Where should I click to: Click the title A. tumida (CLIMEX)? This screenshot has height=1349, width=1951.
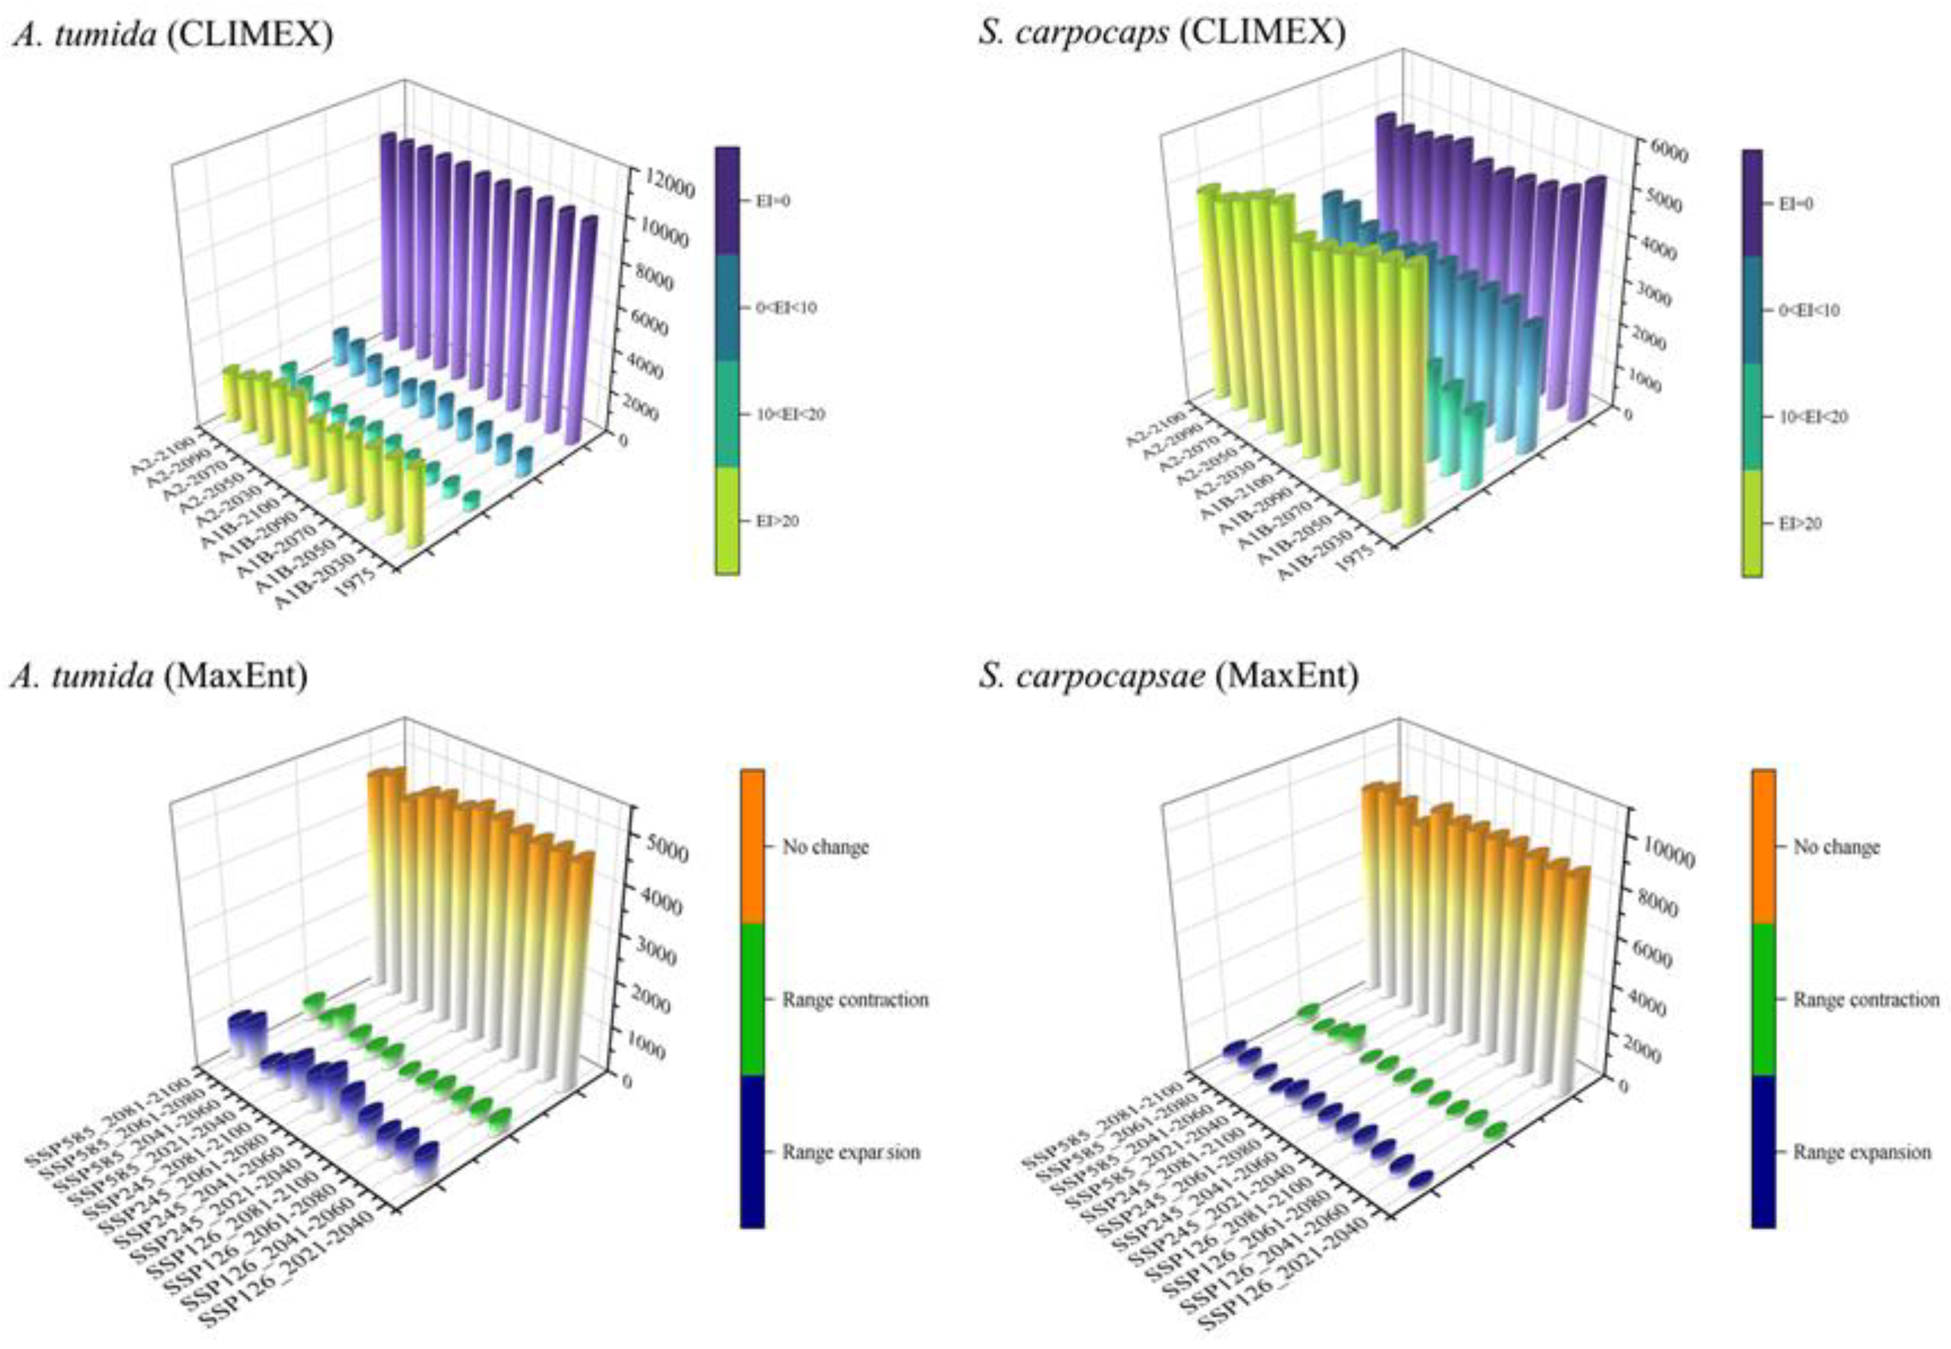pyautogui.click(x=172, y=34)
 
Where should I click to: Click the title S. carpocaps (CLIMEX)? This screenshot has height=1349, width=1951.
pyautogui.click(x=1162, y=34)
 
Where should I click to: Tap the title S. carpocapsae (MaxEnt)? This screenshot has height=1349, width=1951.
pyautogui.click(x=1169, y=676)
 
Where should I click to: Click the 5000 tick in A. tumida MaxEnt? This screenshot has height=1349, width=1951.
pyautogui.click(x=663, y=853)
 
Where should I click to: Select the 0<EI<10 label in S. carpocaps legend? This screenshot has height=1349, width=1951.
pyautogui.click(x=1808, y=310)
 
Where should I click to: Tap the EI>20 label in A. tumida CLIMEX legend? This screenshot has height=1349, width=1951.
pyautogui.click(x=777, y=522)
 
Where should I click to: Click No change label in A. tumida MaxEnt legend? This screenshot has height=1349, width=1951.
pyautogui.click(x=825, y=847)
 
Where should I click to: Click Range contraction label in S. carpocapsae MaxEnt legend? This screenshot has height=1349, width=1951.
pyautogui.click(x=1866, y=1000)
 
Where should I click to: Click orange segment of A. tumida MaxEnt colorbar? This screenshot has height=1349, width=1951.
pyautogui.click(x=752, y=845)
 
